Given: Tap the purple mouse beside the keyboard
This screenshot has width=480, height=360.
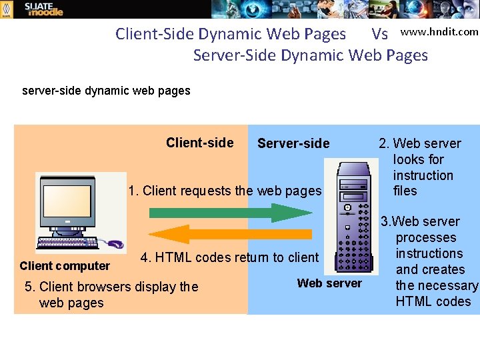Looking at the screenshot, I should click(x=115, y=244).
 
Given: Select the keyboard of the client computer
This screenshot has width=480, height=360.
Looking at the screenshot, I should click(x=70, y=243).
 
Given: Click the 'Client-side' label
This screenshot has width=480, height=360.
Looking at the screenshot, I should click(x=199, y=143).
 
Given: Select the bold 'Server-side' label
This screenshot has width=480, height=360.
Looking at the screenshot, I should click(x=293, y=143).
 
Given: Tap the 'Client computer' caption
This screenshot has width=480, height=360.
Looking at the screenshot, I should click(x=65, y=266).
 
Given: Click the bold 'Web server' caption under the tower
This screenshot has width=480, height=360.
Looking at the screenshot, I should click(x=329, y=283).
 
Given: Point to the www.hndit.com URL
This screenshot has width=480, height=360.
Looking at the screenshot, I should click(x=439, y=31).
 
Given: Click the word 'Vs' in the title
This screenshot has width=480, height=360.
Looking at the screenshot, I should click(x=380, y=34).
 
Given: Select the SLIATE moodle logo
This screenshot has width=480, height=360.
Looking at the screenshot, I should click(x=43, y=9).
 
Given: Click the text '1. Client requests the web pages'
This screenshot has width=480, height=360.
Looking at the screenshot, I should click(x=225, y=191).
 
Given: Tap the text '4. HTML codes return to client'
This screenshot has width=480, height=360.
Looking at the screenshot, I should click(x=229, y=257).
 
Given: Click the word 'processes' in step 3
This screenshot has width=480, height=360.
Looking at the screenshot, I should click(x=426, y=237).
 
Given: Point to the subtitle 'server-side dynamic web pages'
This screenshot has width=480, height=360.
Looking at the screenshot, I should click(x=106, y=91).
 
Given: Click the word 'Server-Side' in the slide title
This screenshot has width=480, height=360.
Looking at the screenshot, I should click(x=235, y=55).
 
